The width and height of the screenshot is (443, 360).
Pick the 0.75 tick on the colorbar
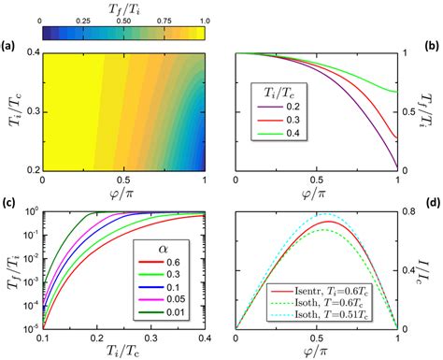click(x=165, y=21)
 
